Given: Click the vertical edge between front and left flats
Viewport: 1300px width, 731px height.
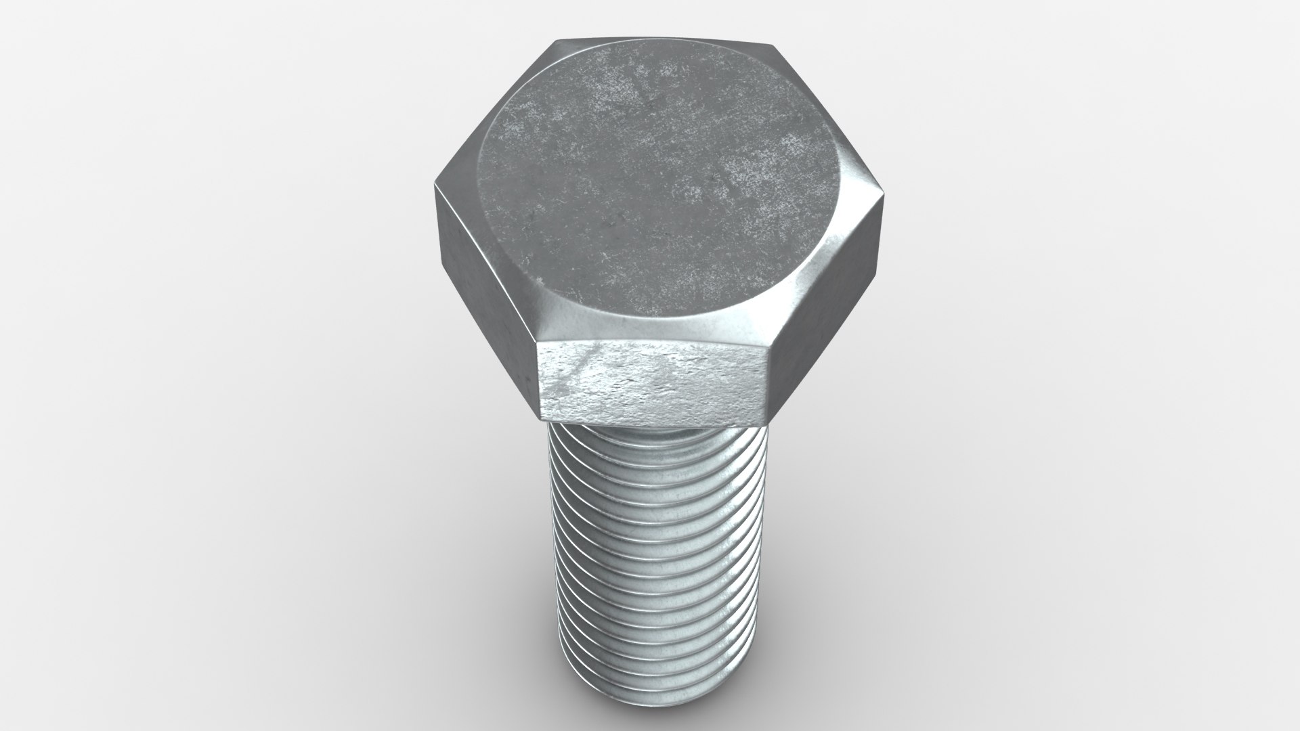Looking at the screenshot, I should (538, 379).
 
